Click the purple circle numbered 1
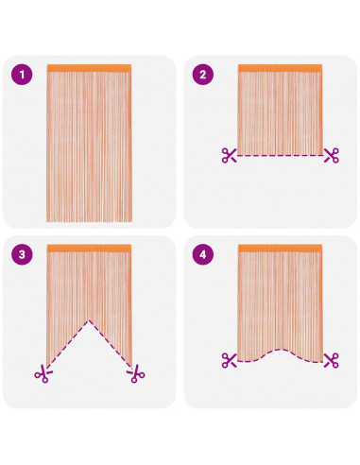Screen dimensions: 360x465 [22, 75]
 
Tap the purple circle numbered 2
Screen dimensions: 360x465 [203, 75]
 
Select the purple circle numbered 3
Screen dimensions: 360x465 [22, 254]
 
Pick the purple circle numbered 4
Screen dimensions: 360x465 [203, 254]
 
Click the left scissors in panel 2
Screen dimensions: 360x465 [229, 155]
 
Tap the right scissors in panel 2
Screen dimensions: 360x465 [332, 155]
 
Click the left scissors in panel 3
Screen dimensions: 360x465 [43, 373]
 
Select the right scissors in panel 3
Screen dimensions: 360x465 [136, 373]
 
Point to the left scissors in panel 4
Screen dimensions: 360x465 [229, 360]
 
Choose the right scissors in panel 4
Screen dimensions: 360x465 [332, 360]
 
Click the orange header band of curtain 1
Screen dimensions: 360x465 [89, 68]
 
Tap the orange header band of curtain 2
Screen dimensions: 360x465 [280, 68]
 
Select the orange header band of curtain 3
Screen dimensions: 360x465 [89, 249]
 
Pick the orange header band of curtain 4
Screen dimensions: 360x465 [280, 249]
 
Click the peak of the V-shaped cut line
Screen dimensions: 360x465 [89, 320]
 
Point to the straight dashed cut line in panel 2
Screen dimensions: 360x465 [280, 155]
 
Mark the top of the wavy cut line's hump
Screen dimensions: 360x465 [280, 350]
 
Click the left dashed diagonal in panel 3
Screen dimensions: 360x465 [68, 344]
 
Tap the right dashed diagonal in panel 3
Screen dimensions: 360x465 [111, 344]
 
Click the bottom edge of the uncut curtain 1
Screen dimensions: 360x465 [89, 221]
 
